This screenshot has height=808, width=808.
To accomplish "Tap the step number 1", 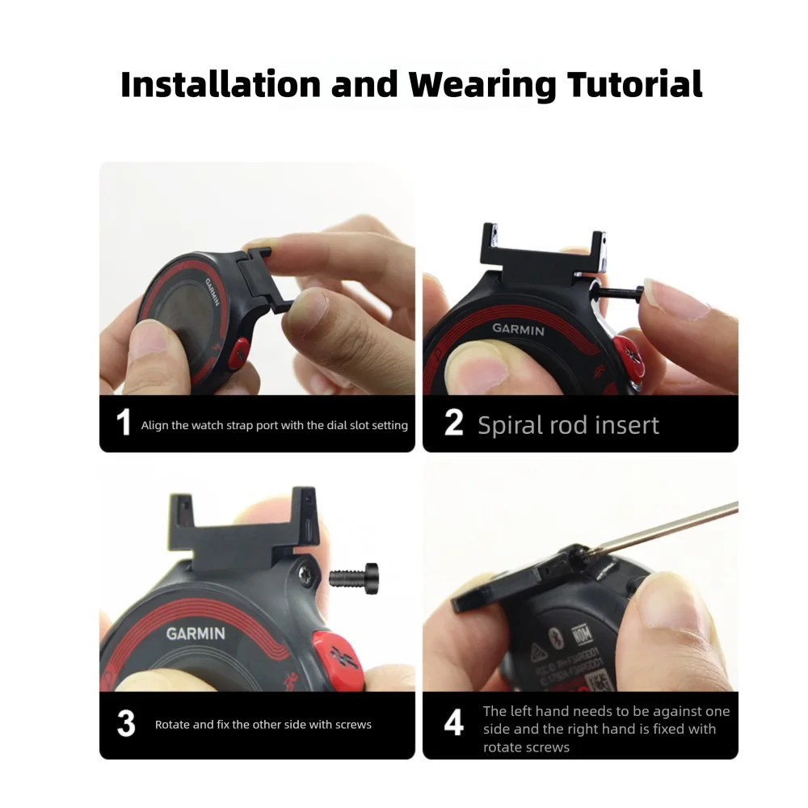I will pos(123,423).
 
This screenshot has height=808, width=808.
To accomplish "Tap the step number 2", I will pos(453,423).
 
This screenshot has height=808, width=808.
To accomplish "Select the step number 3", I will pos(125,724).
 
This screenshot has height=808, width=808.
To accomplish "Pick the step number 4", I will pos(454,724).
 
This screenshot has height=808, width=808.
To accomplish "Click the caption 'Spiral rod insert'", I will pos(568,425).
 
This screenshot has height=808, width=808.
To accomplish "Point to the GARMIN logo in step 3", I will pos(196,633).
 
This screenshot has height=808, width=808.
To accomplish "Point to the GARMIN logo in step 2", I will pos(518,329).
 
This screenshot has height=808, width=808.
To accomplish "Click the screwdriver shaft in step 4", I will pos(671,528).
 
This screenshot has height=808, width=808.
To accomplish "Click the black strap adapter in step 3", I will pos(242,532).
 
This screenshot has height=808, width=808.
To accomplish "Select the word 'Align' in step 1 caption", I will pos(155,425).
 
